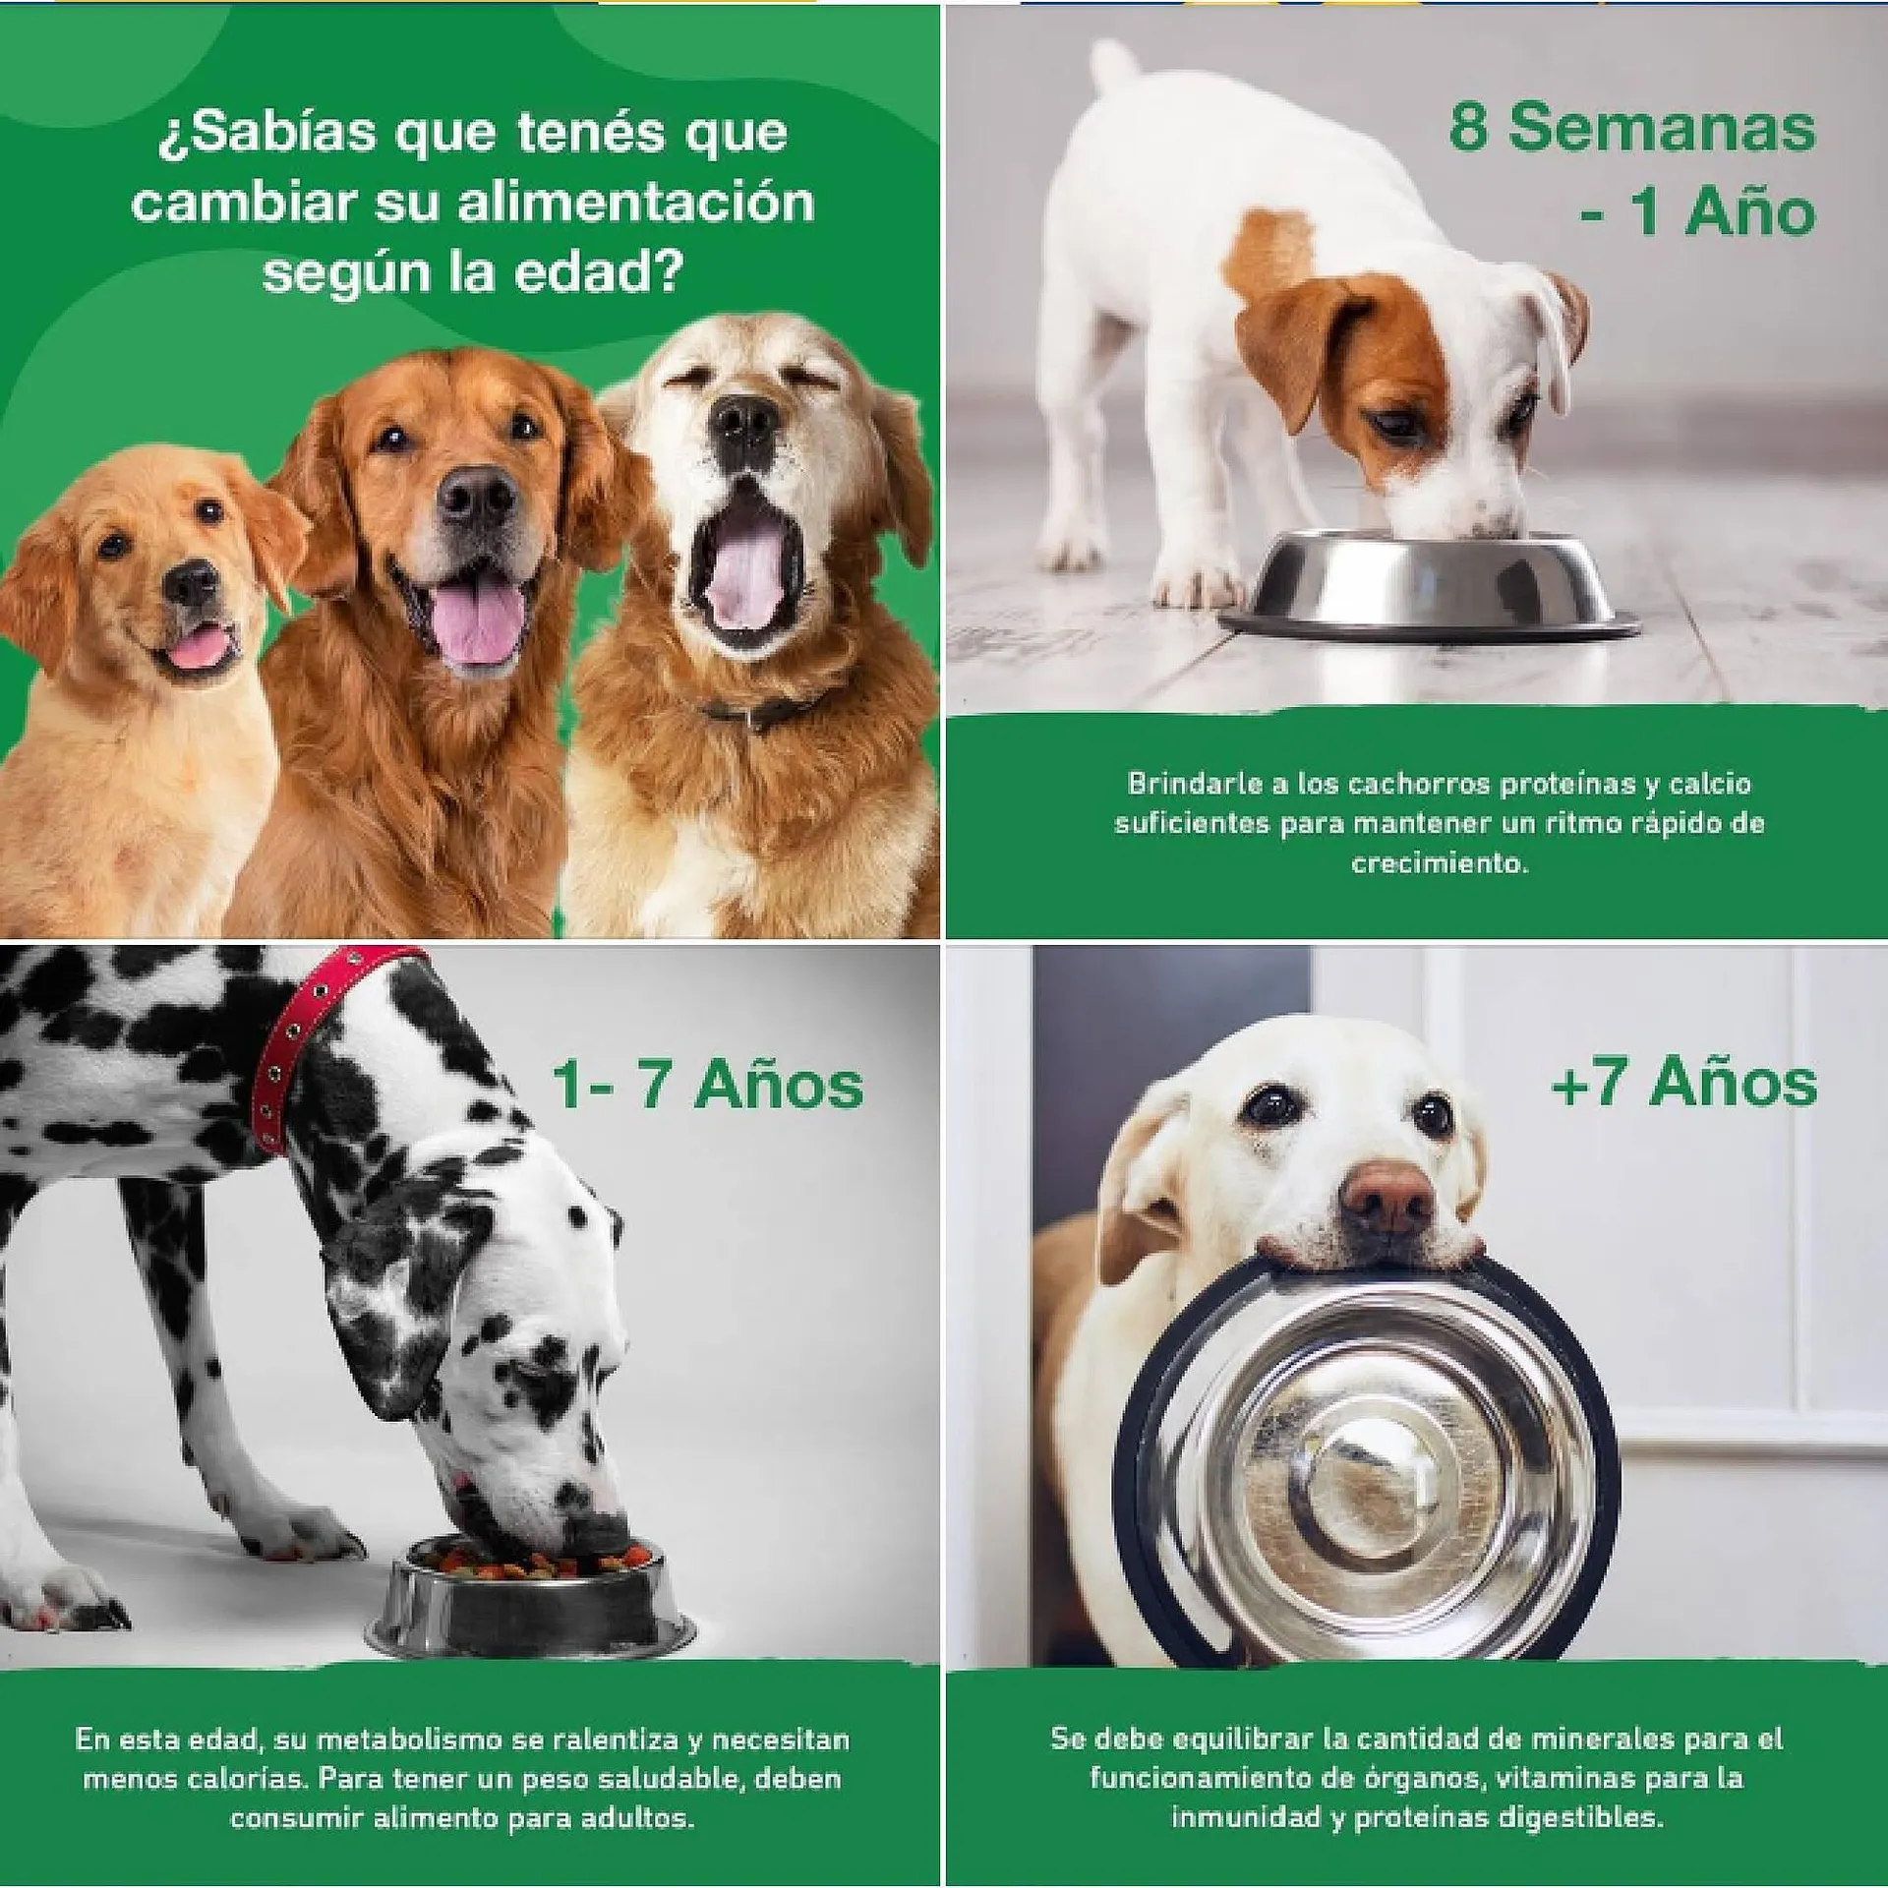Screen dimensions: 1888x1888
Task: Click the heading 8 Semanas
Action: point(1632,128)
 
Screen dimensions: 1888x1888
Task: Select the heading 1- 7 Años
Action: point(707,1084)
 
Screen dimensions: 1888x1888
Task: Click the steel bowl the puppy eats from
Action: point(1429,585)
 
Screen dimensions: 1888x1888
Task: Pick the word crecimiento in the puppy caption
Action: point(1440,864)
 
